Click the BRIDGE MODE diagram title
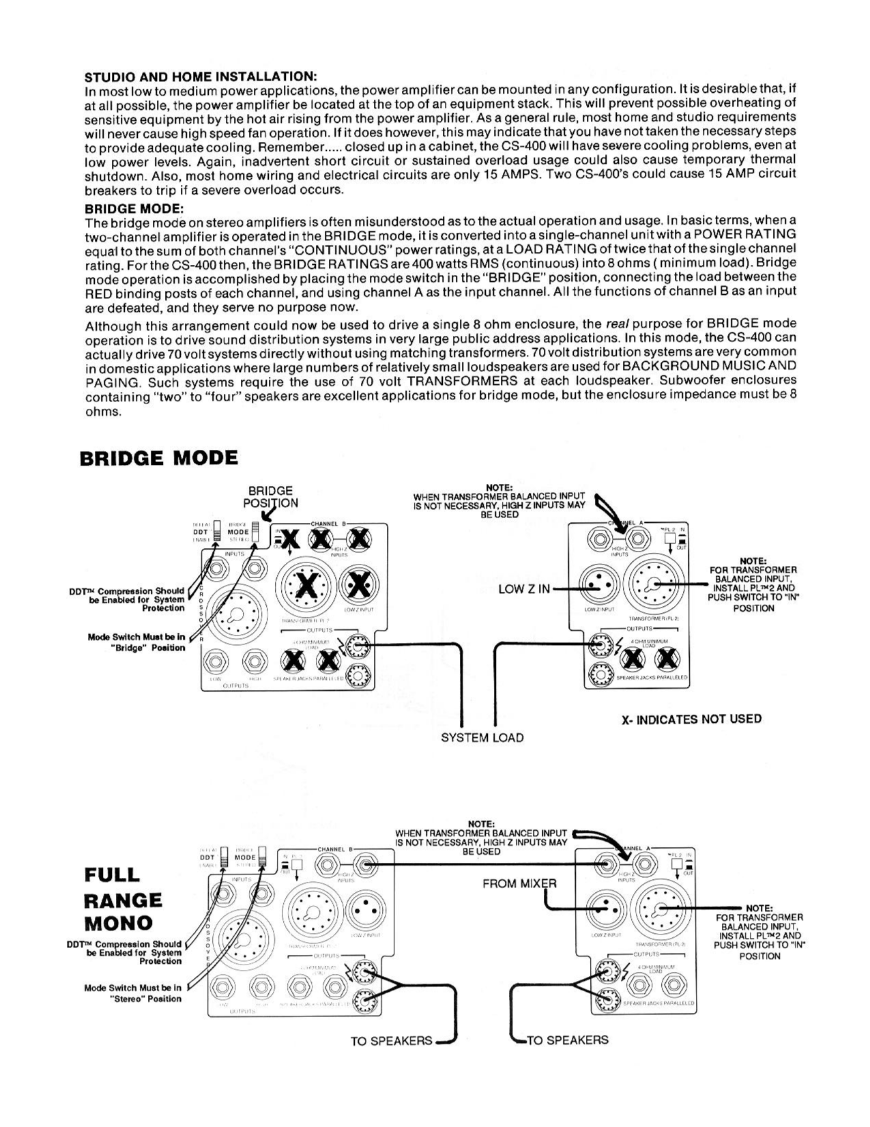(159, 457)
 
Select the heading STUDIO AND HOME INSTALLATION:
(200, 75)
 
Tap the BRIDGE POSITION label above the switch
(270, 497)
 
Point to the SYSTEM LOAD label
(482, 737)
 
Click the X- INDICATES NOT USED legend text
(691, 719)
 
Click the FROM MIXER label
(519, 883)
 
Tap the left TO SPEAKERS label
(391, 1041)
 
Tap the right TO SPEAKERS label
(567, 1040)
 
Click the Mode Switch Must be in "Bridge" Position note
(136, 642)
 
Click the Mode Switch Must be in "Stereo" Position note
(133, 993)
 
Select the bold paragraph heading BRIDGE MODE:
(134, 208)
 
